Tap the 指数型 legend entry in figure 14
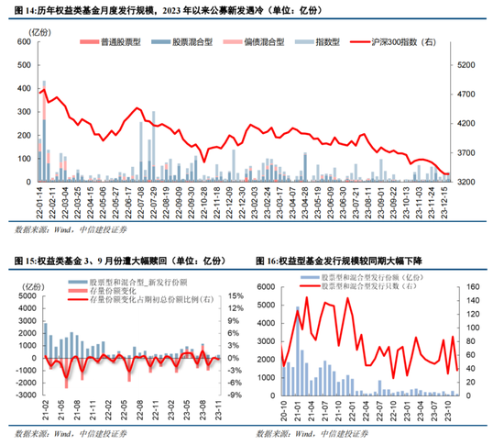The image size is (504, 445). tap(315, 42)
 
